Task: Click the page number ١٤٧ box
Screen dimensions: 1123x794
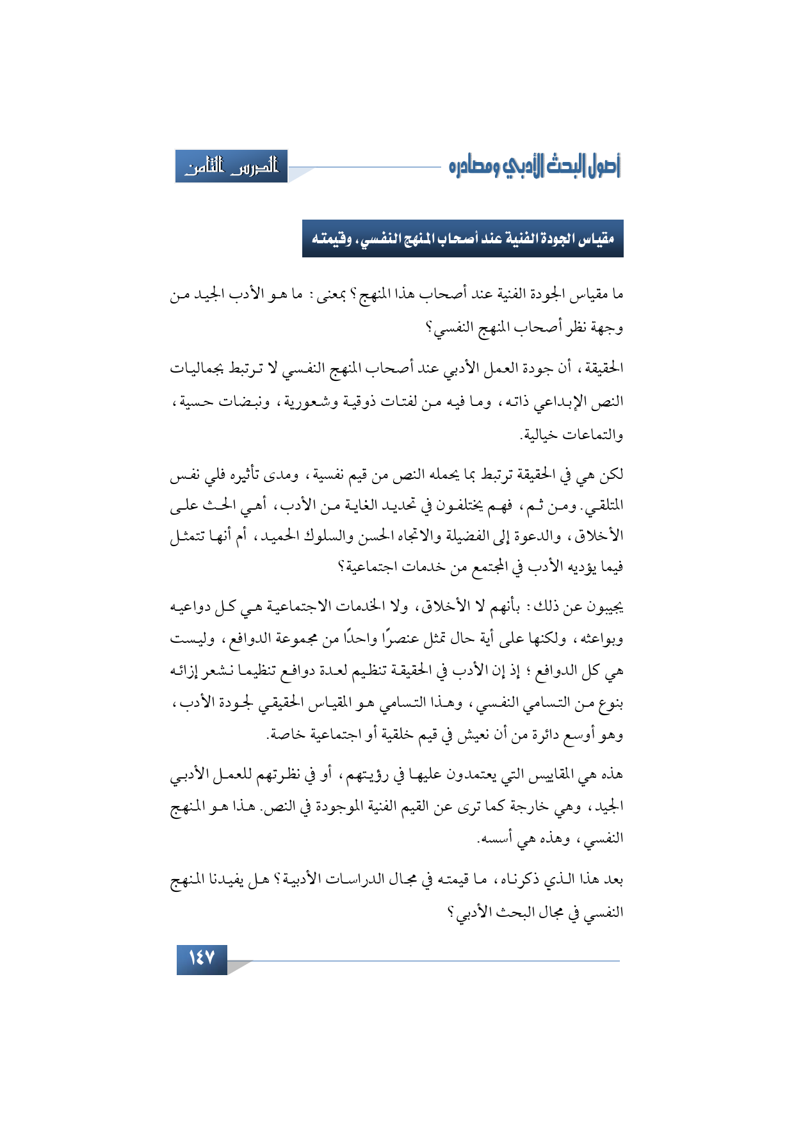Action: click(202, 959)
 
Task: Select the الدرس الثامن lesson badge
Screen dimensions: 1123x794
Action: click(231, 167)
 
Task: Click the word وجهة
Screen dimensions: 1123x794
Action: click(607, 328)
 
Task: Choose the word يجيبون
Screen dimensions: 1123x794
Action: click(604, 606)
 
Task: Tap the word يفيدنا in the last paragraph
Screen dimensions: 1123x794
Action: click(245, 880)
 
